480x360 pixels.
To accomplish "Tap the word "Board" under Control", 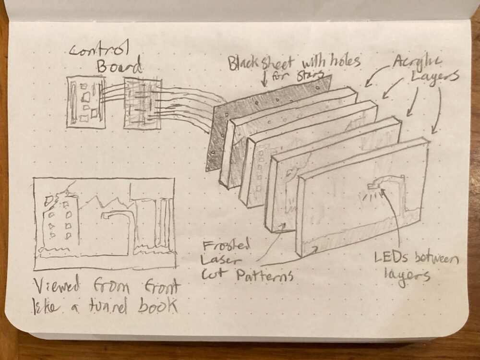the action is pyautogui.click(x=120, y=65).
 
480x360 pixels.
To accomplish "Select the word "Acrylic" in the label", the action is pyautogui.click(x=417, y=61).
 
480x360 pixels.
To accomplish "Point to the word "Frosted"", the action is pyautogui.click(x=226, y=245).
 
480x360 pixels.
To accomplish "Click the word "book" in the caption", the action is pyautogui.click(x=157, y=305).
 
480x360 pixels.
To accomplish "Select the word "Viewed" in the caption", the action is pyautogui.click(x=57, y=286).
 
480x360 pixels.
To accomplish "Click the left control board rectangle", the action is pyautogui.click(x=86, y=102).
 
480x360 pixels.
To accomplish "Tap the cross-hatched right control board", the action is pyautogui.click(x=143, y=103).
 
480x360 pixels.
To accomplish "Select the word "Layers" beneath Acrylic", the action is pyautogui.click(x=434, y=76).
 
